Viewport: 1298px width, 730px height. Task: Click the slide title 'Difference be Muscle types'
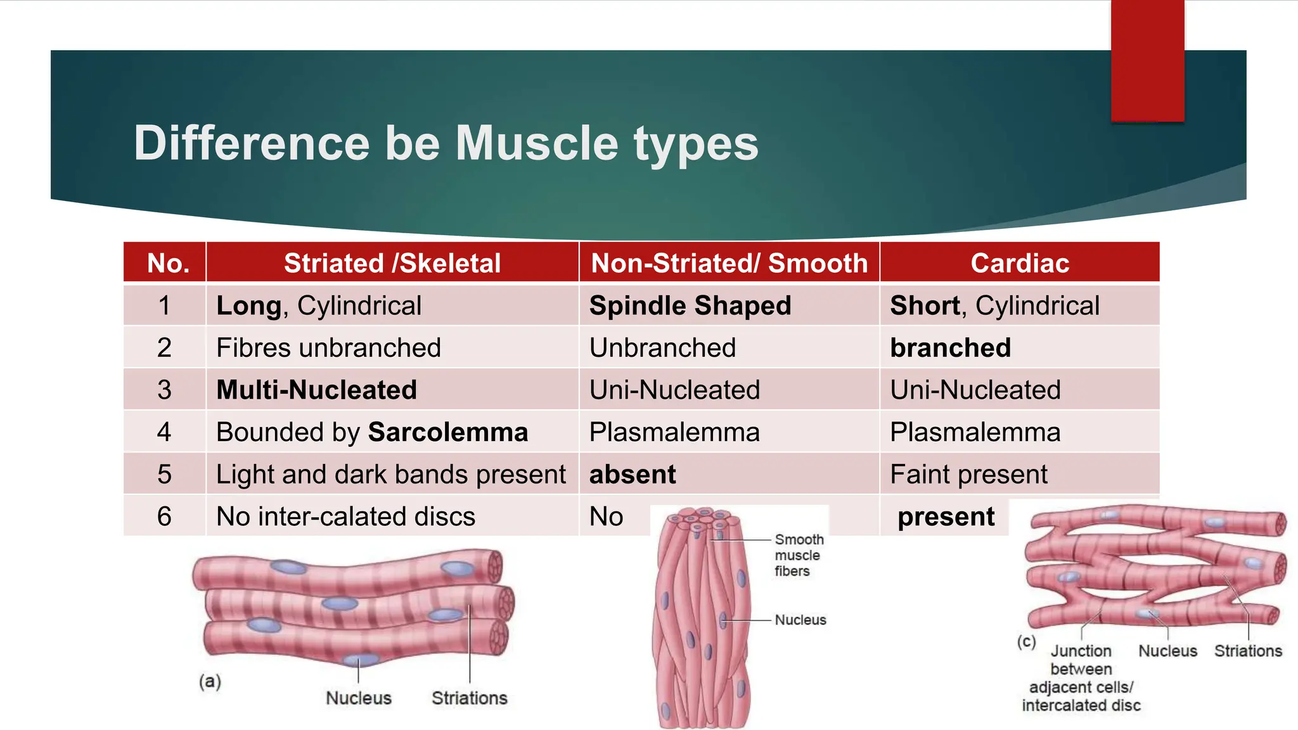446,143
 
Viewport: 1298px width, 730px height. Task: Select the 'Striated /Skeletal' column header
392,263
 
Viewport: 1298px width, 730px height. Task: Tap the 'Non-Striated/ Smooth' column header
729,263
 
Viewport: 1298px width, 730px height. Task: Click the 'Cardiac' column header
1019,263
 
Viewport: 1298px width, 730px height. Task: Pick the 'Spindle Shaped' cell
690,306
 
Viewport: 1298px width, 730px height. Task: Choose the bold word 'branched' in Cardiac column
949,348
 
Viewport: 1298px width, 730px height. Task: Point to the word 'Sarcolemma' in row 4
447,433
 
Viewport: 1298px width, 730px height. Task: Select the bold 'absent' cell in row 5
632,475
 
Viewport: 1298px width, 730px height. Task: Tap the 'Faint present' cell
968,475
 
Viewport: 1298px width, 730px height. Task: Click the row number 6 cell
164,516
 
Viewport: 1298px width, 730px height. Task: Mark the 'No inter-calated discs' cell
345,516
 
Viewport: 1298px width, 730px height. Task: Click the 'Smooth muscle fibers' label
798,555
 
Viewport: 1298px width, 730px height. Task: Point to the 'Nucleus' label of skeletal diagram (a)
358,698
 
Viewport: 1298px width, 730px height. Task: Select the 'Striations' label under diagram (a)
469,698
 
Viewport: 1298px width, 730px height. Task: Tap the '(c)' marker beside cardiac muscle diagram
1026,641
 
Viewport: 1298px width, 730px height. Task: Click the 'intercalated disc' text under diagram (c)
1081,705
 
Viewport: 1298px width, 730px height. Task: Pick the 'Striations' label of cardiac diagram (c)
1247,651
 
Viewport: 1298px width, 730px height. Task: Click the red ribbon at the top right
1147,60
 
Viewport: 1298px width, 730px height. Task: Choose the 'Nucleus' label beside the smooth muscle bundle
800,620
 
